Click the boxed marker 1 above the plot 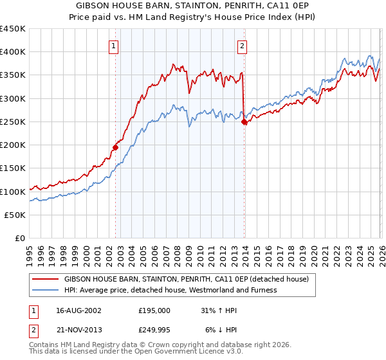pos(113,46)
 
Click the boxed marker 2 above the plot pos(243,46)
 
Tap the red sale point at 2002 pos(116,147)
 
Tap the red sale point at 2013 pos(244,122)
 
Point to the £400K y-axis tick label pos(13,52)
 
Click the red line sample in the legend pos(46,280)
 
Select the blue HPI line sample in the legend pos(46,290)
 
